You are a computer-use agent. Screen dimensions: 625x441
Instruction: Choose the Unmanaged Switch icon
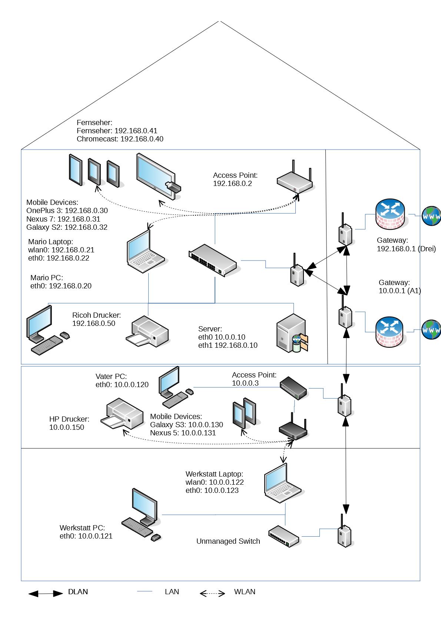point(284,536)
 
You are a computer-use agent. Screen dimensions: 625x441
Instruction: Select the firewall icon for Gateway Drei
point(391,214)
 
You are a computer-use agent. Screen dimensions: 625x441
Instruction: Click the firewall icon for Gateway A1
point(391,331)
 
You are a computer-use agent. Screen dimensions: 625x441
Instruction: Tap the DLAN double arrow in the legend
point(46,594)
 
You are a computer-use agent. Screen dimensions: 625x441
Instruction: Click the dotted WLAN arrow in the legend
point(212,593)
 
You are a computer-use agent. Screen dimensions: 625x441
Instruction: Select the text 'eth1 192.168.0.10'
point(228,346)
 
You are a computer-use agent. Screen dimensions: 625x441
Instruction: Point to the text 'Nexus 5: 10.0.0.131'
point(183,433)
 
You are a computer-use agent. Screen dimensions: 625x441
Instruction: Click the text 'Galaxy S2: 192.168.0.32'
point(67,227)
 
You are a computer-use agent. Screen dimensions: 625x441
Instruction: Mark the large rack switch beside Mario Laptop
point(212,259)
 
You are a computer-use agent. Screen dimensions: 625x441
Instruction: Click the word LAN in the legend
point(172,592)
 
